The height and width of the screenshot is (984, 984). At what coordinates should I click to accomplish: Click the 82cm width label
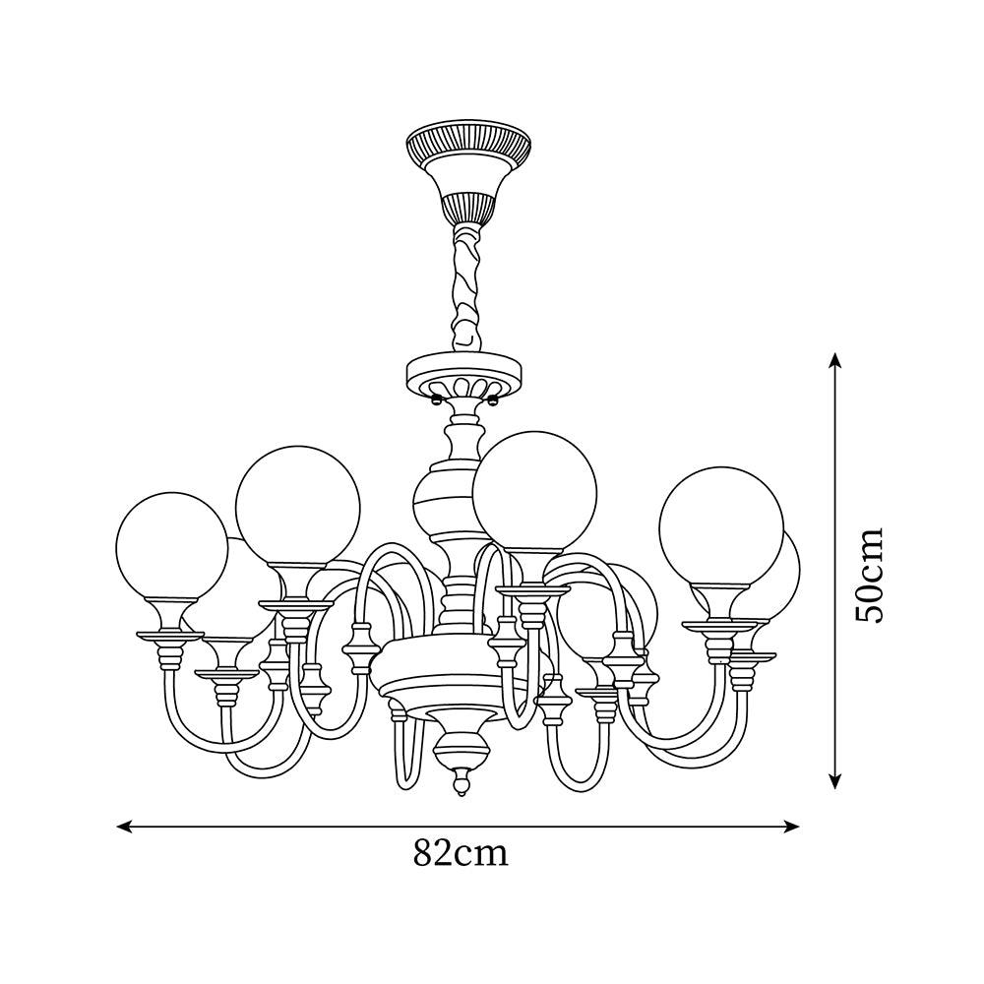click(x=461, y=852)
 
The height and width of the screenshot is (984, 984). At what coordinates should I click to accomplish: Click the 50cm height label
click(x=870, y=574)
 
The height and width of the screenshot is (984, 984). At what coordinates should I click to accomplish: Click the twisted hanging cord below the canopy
click(x=464, y=285)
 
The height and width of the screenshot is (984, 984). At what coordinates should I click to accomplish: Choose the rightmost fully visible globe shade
click(x=721, y=529)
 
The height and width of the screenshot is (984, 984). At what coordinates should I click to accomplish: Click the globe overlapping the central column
click(x=534, y=492)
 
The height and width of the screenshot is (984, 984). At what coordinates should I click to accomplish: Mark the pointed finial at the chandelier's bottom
click(x=460, y=784)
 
